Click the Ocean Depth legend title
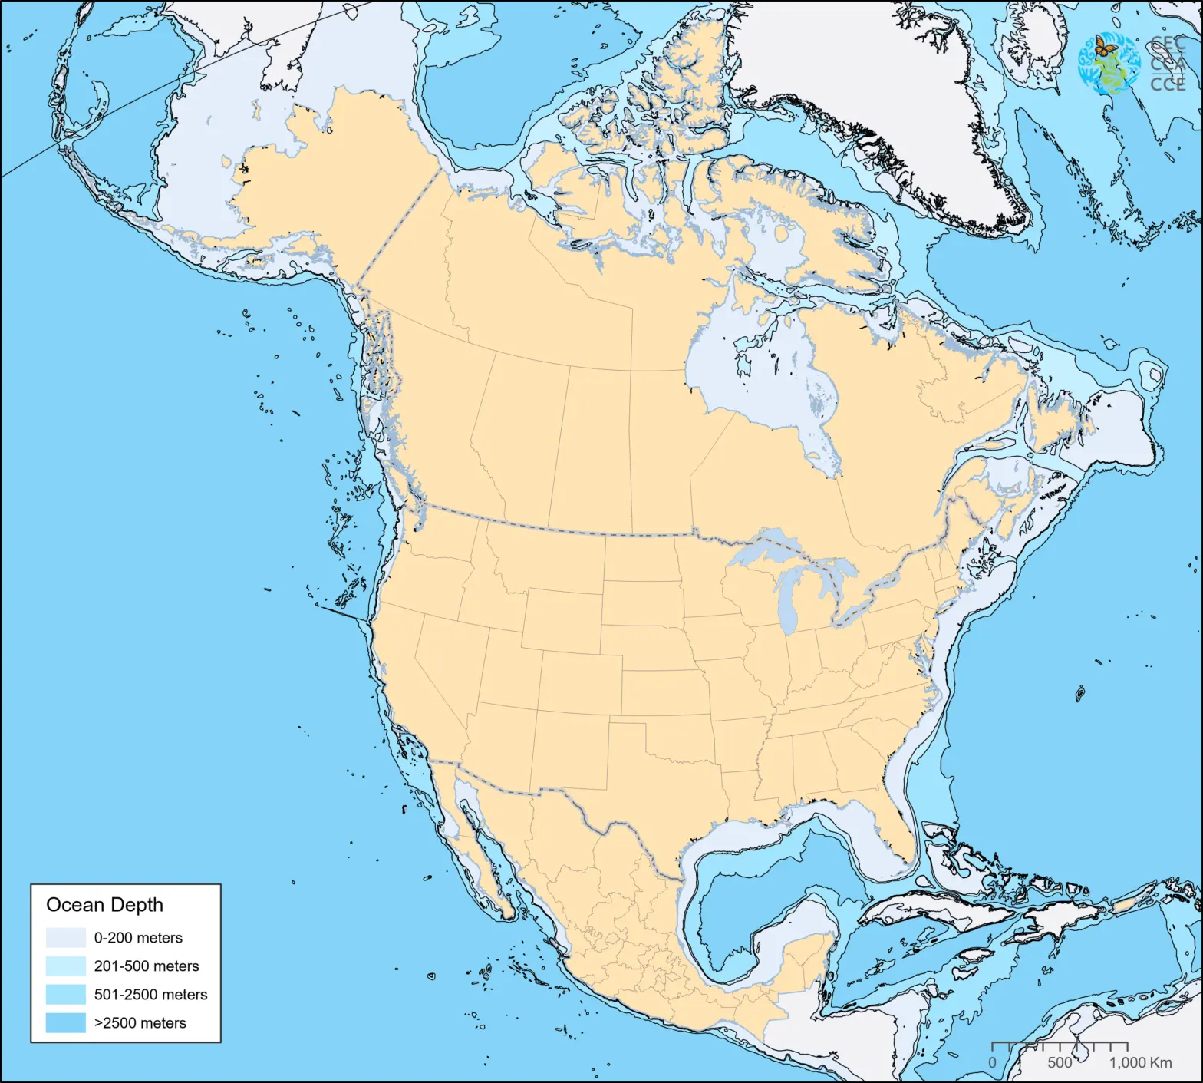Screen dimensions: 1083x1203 (x=104, y=905)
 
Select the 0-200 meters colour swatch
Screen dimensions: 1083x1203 (x=65, y=938)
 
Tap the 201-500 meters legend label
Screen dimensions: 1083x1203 (x=146, y=966)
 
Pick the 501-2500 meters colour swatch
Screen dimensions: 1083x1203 (x=65, y=995)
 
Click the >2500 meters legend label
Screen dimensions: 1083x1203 (x=140, y=1023)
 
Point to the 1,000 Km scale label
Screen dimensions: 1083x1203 (x=1140, y=1063)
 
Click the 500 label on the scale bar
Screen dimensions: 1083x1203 (x=1060, y=1063)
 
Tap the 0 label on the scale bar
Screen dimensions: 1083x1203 (x=992, y=1063)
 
